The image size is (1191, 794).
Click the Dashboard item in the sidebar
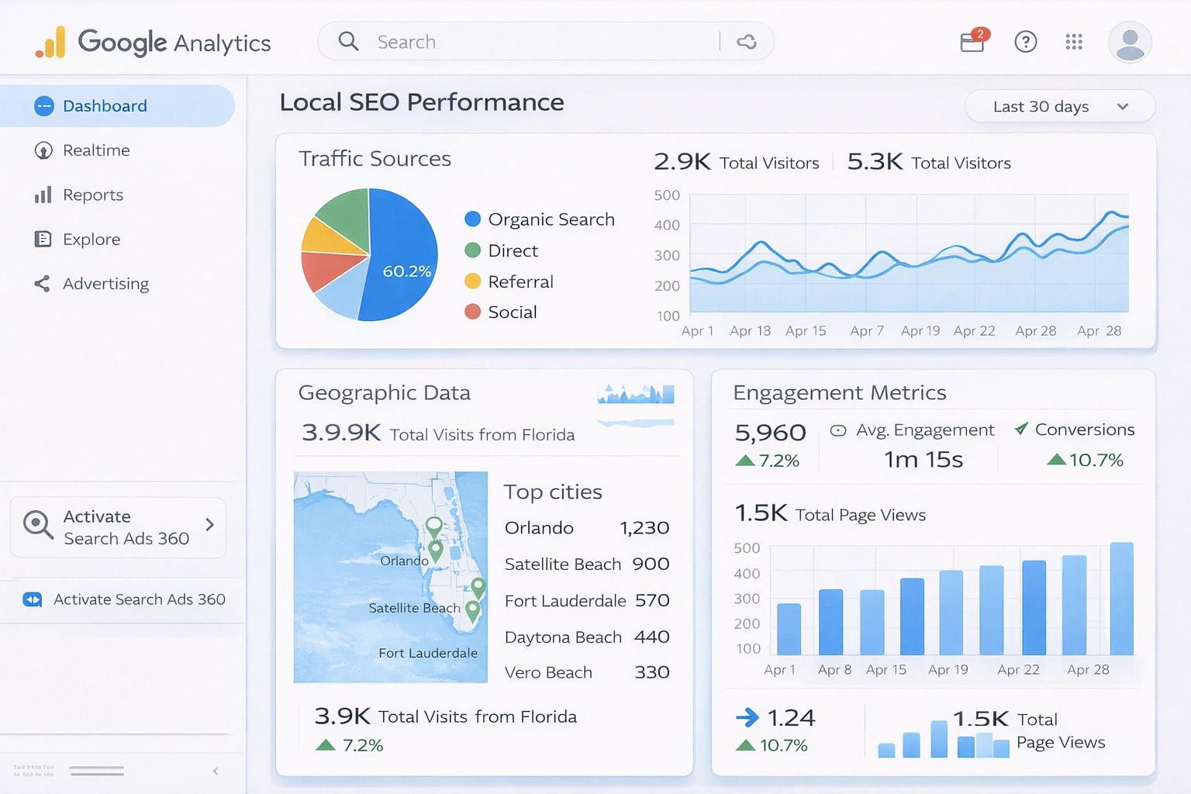(x=104, y=106)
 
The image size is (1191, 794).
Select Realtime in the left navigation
(x=95, y=150)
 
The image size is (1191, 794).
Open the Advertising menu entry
(x=105, y=284)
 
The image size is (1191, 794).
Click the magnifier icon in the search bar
(x=349, y=42)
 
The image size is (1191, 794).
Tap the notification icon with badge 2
(x=972, y=41)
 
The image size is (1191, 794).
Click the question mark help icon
(x=1025, y=42)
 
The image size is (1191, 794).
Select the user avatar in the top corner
(x=1130, y=42)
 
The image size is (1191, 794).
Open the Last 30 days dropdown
(x=1059, y=107)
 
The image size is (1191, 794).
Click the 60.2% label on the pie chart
(x=406, y=271)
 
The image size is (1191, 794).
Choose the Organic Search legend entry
(x=551, y=219)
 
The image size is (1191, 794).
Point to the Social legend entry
(x=512, y=312)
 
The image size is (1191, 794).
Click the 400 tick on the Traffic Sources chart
(x=667, y=225)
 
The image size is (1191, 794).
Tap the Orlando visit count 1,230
(x=644, y=528)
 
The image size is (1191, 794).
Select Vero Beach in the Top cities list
(x=548, y=672)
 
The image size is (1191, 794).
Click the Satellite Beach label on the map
(x=414, y=608)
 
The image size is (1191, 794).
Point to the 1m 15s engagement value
(x=923, y=460)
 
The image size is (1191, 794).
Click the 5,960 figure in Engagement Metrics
(x=770, y=433)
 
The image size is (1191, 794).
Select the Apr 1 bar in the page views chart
(x=789, y=629)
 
